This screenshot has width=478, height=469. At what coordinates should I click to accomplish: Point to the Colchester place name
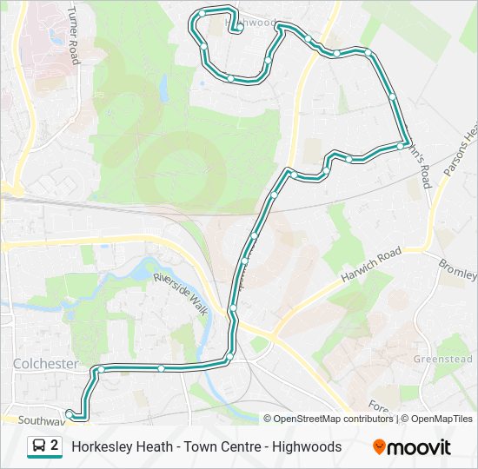[45, 363]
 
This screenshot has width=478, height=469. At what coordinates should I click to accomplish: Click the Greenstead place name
[442, 359]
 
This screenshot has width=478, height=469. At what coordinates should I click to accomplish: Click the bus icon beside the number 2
[40, 446]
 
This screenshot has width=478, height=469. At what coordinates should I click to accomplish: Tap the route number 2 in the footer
[55, 446]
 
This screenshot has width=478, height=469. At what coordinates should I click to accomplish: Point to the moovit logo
[412, 447]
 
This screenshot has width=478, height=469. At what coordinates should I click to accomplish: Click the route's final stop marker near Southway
[70, 413]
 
